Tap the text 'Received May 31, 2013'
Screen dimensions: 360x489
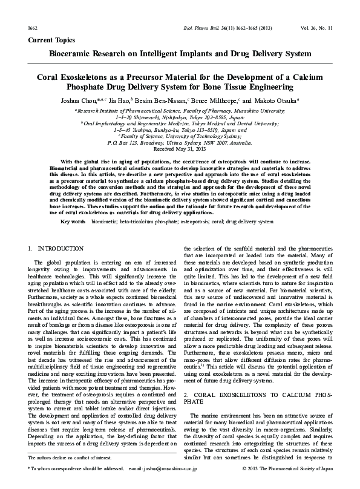180,148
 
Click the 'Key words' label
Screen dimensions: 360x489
73,222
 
